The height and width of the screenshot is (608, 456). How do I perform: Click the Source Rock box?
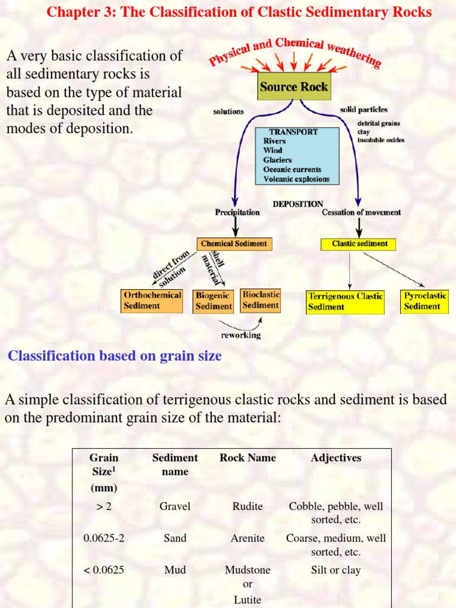pos(293,87)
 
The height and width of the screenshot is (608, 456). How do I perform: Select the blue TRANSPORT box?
pos(297,156)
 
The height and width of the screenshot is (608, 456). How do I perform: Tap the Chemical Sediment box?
pos(234,243)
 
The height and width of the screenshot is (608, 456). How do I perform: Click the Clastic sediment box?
pos(359,243)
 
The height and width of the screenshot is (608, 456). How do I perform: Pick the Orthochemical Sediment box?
pos(151,300)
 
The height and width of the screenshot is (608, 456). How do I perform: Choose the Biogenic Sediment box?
pos(214,300)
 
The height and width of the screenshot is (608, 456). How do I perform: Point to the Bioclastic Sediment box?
pos(261,300)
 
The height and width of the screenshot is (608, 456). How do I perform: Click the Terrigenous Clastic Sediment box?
pos(346,302)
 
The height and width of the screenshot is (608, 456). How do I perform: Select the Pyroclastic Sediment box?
pos(425,301)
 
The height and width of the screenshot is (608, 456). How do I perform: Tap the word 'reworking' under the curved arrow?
pos(240,335)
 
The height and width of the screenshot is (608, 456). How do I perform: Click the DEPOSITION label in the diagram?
pos(298,204)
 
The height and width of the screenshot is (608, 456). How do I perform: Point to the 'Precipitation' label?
pos(237,212)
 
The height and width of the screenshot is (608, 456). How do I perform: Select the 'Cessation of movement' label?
pos(361,212)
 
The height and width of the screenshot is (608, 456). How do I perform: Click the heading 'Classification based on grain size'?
pos(115,356)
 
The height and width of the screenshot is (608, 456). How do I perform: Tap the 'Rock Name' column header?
pos(248,458)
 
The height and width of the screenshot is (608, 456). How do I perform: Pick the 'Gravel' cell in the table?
pos(175,506)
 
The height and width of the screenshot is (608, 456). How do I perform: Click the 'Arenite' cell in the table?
pos(248,538)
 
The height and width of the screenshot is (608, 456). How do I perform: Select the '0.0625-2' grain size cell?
pos(104,538)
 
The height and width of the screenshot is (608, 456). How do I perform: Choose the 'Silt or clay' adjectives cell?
pos(335,570)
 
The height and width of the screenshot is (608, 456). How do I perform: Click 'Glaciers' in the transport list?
pos(277,160)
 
